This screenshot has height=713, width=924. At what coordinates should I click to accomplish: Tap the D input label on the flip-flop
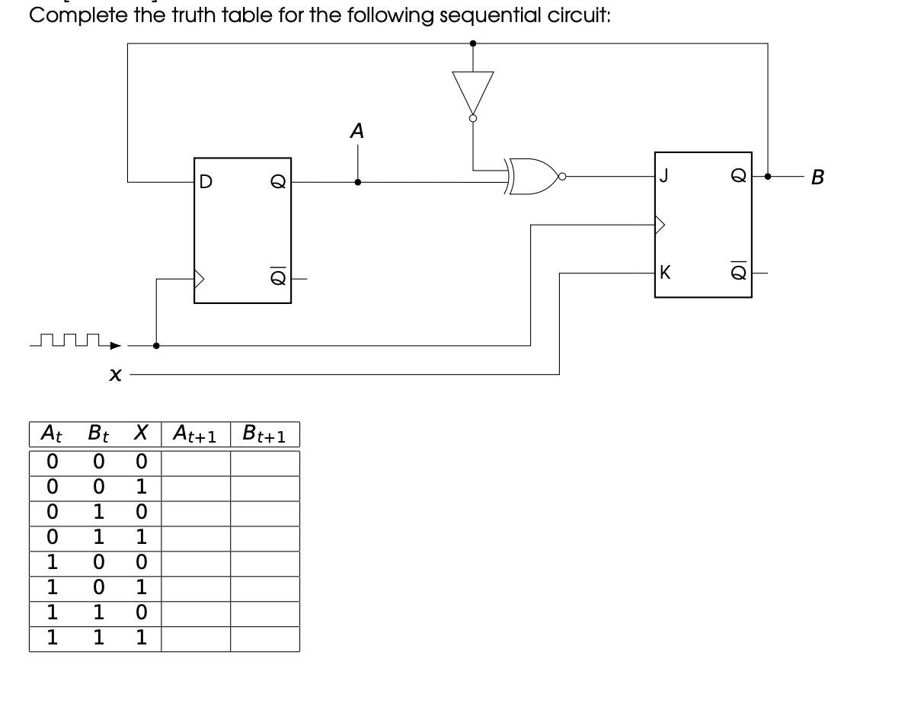[205, 182]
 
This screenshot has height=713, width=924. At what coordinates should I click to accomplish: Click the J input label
[664, 177]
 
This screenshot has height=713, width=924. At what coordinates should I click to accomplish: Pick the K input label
[665, 273]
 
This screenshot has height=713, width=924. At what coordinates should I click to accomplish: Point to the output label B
[818, 177]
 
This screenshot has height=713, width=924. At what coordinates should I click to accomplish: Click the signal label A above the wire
[356, 132]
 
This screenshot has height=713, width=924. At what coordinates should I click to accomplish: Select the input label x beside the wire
[114, 375]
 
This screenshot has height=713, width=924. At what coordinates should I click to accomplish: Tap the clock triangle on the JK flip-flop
[660, 225]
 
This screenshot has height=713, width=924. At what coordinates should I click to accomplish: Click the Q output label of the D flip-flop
[278, 182]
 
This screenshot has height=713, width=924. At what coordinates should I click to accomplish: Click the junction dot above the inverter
[473, 43]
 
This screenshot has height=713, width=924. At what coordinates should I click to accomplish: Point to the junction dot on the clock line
[156, 345]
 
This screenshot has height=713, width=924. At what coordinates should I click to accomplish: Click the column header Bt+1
[264, 435]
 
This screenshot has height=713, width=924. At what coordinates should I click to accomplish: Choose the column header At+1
[195, 435]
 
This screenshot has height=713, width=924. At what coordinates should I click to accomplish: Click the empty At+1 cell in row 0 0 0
[196, 463]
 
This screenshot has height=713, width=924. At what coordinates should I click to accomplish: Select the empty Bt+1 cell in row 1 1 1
[264, 639]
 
